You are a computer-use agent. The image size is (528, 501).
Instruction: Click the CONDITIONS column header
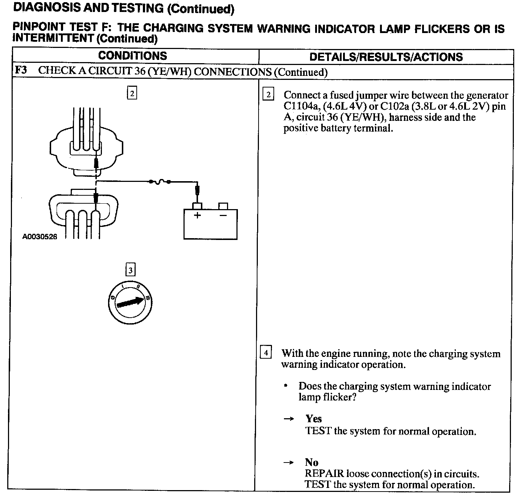pyautogui.click(x=132, y=56)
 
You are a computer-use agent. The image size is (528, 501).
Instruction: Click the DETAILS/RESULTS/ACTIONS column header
pyautogui.click(x=386, y=57)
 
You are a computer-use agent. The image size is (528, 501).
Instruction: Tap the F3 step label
pyautogui.click(x=21, y=70)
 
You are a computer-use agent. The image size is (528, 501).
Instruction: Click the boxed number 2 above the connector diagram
pyautogui.click(x=132, y=93)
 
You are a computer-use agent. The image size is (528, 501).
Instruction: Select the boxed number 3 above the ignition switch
pyautogui.click(x=130, y=270)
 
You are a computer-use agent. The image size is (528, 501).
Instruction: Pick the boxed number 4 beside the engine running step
pyautogui.click(x=266, y=353)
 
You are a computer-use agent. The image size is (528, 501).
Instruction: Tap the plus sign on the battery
pyautogui.click(x=197, y=215)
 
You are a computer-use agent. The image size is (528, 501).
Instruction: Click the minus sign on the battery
pyautogui.click(x=223, y=215)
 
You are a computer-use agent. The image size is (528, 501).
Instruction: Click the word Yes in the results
pyautogui.click(x=314, y=419)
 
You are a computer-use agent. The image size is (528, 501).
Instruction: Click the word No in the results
pyautogui.click(x=312, y=462)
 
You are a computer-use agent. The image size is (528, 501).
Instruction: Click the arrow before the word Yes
pyautogui.click(x=288, y=419)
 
